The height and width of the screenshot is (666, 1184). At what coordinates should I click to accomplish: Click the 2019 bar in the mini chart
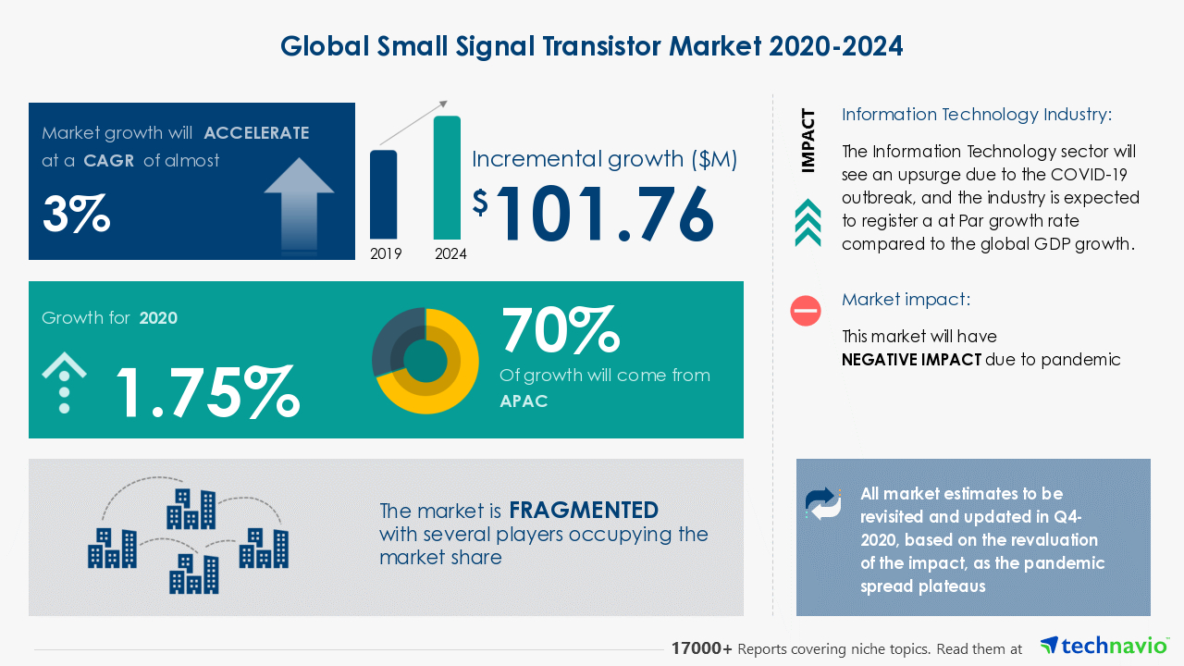point(384,194)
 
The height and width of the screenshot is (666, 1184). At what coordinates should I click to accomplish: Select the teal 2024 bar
point(447,178)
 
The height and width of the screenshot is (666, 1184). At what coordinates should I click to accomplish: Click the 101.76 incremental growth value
point(606,215)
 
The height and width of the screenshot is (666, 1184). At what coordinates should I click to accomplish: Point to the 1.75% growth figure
point(205,391)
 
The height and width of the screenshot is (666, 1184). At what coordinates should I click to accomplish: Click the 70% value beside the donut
point(560,329)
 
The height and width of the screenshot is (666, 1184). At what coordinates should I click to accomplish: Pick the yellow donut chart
point(425,361)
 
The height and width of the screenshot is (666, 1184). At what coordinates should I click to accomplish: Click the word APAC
point(524,401)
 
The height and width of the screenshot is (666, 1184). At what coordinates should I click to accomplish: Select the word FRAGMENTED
point(584,510)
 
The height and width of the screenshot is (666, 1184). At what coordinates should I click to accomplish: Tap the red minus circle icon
point(806,311)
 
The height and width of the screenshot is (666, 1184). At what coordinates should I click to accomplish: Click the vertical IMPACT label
point(808,141)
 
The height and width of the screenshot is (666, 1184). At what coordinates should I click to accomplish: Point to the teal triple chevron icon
point(808,223)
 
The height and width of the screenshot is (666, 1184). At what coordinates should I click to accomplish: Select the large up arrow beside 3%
point(299,201)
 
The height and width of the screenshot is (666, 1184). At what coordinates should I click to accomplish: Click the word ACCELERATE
point(256,132)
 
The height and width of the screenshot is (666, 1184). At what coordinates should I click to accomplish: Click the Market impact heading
point(906,300)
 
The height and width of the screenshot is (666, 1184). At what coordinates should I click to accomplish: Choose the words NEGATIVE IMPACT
point(911,360)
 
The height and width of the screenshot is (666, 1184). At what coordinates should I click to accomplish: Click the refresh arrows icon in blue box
point(823,503)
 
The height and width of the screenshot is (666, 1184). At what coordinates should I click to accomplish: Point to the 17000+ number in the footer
point(702,649)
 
